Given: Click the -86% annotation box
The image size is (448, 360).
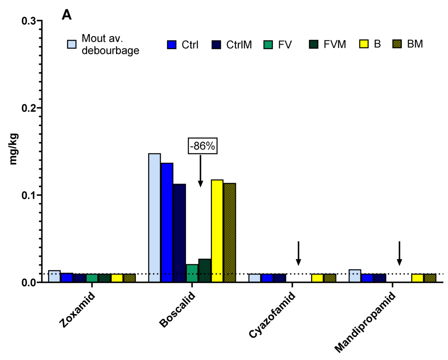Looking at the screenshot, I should pos(203,147).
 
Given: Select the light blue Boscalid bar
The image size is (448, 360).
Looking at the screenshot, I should pos(155,218).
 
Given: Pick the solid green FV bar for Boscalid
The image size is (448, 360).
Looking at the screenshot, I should pos(192,273).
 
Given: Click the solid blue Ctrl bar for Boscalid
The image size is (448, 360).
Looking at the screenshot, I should pos(167,223).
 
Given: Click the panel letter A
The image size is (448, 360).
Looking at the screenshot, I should pos(67,15).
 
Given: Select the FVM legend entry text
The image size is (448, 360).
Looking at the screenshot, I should pos(335,45).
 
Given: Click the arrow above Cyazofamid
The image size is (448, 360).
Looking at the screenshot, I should pos(298,253).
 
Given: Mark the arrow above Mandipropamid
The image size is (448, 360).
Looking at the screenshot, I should pos(399,253).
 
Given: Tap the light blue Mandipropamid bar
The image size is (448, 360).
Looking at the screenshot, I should pos(355,276).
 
